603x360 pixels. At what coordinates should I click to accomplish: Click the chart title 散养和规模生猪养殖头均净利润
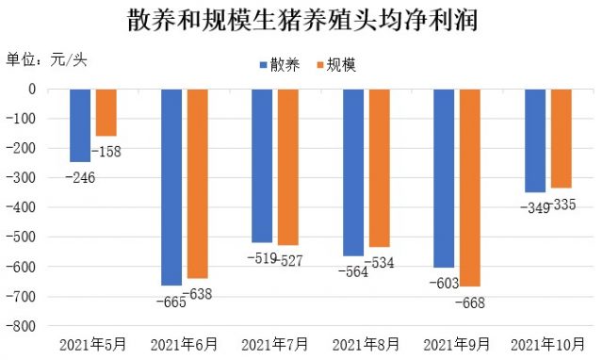tap(301, 20)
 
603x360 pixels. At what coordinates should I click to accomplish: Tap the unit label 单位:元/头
tap(47, 59)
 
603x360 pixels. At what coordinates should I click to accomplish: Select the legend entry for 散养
tap(280, 65)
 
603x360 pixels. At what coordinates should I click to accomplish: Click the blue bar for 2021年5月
tap(80, 125)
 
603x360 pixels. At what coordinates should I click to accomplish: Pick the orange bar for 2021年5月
tap(106, 112)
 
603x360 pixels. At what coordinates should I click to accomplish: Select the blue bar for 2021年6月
tap(171, 187)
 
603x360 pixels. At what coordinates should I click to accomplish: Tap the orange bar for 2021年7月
tap(287, 167)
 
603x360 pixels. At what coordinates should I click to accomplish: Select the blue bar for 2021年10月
tap(535, 140)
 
